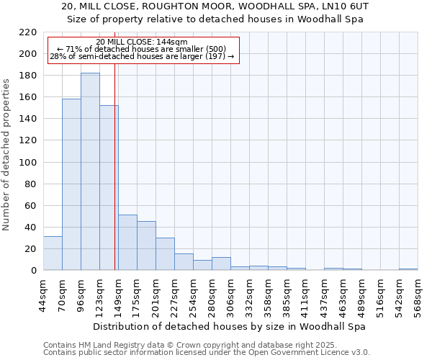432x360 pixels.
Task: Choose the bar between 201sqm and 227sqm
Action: click(165, 254)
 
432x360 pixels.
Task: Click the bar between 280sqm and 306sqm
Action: click(221, 264)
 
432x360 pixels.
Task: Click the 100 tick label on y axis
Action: click(27, 163)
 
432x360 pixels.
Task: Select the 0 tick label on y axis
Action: click(33, 271)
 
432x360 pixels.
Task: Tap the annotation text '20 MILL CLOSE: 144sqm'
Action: click(142, 42)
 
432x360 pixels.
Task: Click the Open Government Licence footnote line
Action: click(206, 353)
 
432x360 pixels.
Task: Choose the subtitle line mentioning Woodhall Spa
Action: click(215, 19)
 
